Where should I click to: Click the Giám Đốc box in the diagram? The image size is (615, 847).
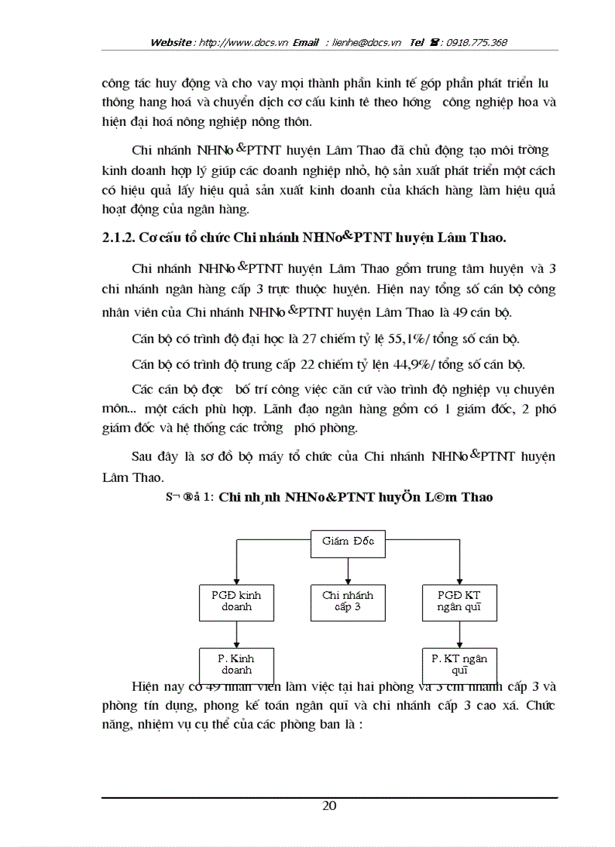[x=347, y=541]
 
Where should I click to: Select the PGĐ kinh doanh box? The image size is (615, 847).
[x=236, y=600]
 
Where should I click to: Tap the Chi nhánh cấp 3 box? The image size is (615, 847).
[x=347, y=600]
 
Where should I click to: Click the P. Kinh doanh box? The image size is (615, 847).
[x=236, y=663]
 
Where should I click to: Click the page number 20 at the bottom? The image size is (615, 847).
[x=329, y=806]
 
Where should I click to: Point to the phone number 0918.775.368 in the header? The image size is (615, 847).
[x=477, y=43]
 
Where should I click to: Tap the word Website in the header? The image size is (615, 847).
[x=171, y=43]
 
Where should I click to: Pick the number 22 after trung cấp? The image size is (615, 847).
[x=308, y=364]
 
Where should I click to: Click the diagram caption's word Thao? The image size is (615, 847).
[x=476, y=497]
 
